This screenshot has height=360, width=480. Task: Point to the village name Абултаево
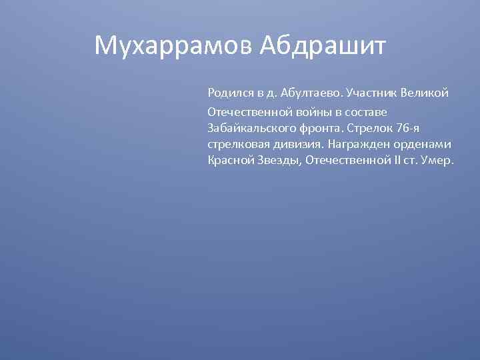coord(310,92)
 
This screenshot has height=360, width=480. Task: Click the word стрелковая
coord(235,143)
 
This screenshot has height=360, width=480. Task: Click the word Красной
coord(227,161)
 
